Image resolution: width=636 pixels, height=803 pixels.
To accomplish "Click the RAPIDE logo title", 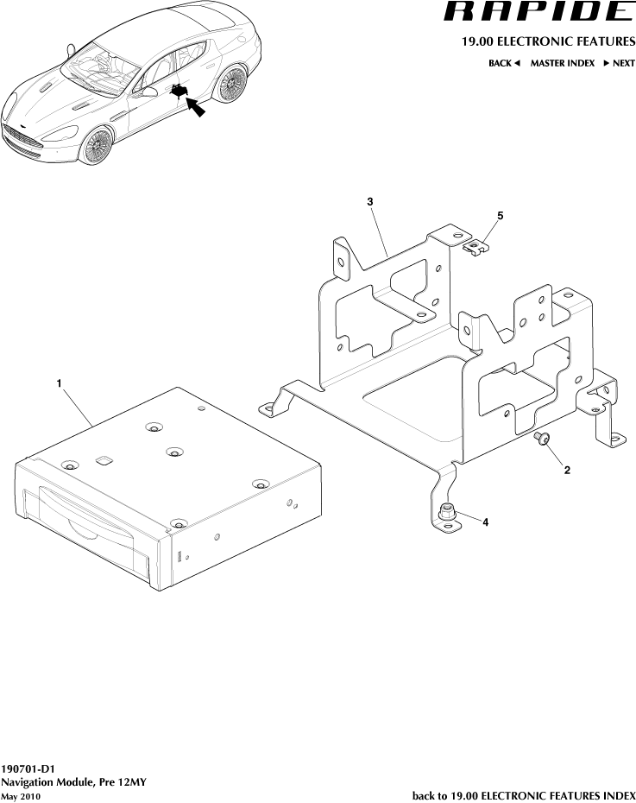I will (537, 12).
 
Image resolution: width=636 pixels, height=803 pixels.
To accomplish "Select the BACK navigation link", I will (504, 63).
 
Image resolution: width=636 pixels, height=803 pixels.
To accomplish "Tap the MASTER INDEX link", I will (562, 63).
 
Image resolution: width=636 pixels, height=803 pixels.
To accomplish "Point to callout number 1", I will (59, 383).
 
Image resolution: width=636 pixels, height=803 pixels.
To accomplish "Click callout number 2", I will (566, 471).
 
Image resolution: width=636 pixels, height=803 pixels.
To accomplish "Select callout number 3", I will (369, 201).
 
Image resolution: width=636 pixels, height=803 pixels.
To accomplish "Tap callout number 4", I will (486, 522).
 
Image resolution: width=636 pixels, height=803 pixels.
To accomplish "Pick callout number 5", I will (500, 214).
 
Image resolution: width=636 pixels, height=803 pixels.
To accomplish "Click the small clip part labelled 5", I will (475, 248).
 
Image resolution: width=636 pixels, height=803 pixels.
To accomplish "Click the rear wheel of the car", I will (230, 84).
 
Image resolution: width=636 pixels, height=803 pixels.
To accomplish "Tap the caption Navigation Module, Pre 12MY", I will (74, 782).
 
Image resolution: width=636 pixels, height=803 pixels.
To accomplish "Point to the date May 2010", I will (21, 796).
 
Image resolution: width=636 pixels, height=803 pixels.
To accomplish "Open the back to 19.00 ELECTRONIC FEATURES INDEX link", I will (524, 794).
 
